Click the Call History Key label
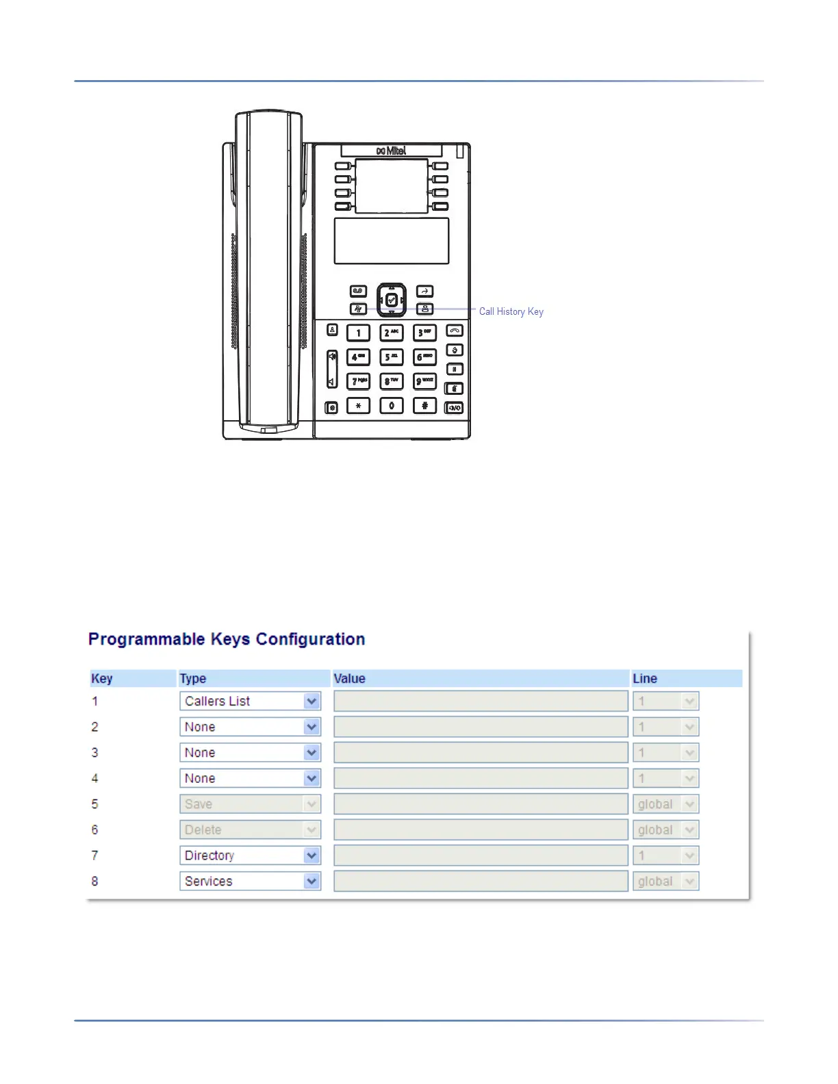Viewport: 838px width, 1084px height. click(511, 311)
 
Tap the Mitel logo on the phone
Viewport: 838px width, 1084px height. click(391, 151)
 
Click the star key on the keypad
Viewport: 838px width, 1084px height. click(358, 406)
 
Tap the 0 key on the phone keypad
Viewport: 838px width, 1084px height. click(392, 406)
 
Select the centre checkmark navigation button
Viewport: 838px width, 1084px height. click(392, 300)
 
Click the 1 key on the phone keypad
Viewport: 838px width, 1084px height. click(358, 333)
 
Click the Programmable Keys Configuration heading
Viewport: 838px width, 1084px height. click(227, 639)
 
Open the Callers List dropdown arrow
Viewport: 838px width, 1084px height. click(312, 701)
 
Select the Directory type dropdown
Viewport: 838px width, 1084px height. click(250, 855)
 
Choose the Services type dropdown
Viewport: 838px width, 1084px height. click(250, 881)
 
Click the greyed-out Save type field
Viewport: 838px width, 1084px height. click(250, 804)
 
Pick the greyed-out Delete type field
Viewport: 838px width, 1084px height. click(250, 830)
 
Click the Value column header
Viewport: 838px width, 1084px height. click(349, 679)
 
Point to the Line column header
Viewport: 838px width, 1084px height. click(644, 679)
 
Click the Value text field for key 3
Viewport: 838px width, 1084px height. click(481, 753)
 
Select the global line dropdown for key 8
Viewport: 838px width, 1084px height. click(665, 881)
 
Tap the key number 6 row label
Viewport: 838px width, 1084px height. click(95, 830)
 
